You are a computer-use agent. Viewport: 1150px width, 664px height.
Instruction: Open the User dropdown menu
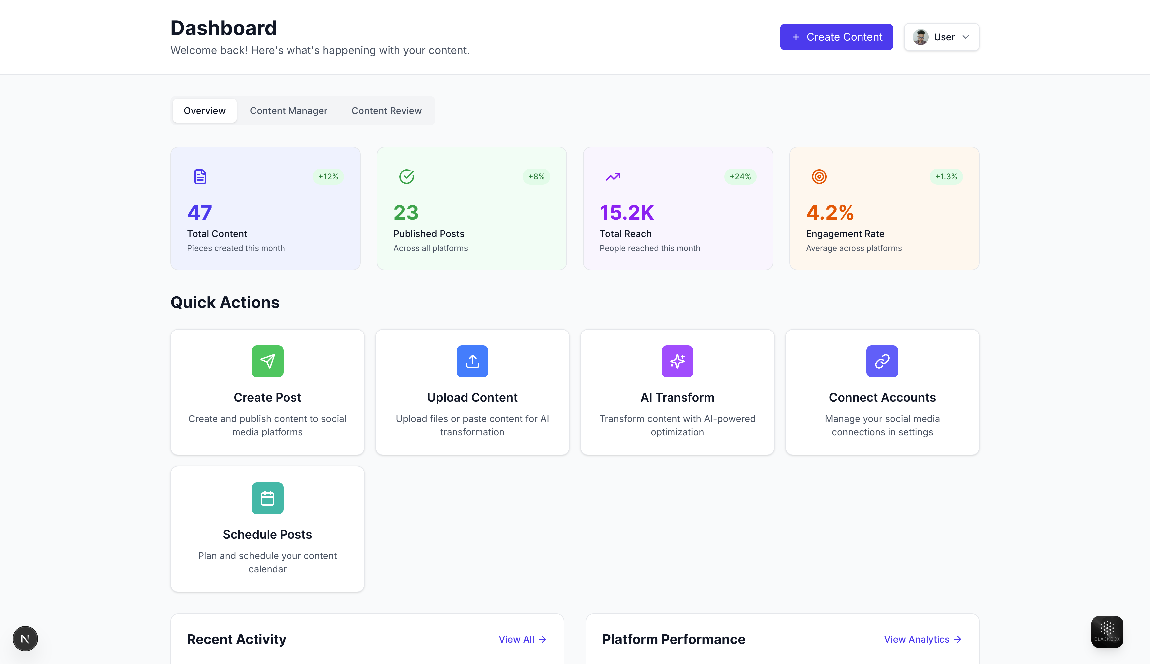click(x=941, y=37)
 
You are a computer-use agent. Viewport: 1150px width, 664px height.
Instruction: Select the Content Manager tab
click(x=288, y=111)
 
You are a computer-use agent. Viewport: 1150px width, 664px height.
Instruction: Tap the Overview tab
click(x=204, y=111)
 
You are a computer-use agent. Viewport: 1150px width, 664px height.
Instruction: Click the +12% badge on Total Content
click(x=328, y=177)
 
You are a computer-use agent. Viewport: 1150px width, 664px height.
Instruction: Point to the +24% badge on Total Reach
click(x=740, y=177)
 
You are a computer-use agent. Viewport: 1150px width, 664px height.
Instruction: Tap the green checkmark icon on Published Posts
click(x=407, y=177)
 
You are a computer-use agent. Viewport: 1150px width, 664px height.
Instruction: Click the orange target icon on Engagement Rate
click(x=819, y=177)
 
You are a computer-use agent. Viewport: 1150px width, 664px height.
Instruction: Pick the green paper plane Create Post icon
click(x=268, y=361)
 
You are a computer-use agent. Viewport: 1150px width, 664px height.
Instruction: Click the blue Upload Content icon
click(x=472, y=361)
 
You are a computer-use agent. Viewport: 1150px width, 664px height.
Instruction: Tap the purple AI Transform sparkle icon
click(x=677, y=361)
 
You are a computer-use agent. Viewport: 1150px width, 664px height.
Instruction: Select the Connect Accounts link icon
click(x=882, y=361)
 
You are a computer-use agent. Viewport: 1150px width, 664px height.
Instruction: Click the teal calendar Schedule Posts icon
click(x=268, y=498)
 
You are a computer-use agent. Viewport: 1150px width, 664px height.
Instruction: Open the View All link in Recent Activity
click(x=522, y=639)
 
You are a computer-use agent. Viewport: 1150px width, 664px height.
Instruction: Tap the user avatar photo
click(x=920, y=37)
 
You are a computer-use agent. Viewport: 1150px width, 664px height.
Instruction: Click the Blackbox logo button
click(x=1107, y=632)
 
